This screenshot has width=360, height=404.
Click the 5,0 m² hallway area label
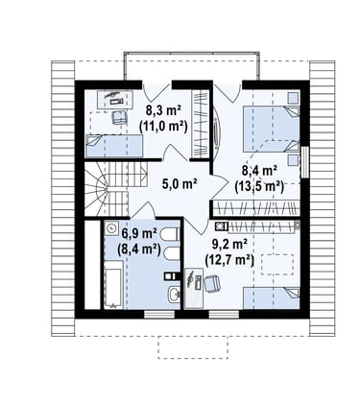[x=180, y=184]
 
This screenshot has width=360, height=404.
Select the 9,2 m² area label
[x=229, y=245]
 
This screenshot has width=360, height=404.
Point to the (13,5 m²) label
[x=259, y=186]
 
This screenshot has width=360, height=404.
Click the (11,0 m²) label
[x=163, y=126]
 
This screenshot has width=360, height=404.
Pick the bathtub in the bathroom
[x=113, y=284]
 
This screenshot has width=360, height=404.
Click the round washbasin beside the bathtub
[x=111, y=228]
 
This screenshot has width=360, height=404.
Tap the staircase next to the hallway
[x=115, y=189]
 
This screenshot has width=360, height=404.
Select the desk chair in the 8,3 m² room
[x=120, y=117]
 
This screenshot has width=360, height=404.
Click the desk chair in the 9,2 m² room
[x=212, y=284]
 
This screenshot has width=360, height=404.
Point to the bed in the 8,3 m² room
[x=114, y=146]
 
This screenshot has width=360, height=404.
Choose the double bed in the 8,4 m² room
[x=271, y=130]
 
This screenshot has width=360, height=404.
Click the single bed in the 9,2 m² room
[x=272, y=298]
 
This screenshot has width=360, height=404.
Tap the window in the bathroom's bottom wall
[x=159, y=315]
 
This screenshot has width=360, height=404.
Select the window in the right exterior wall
[x=305, y=162]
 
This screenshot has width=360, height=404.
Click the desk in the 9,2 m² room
[x=194, y=288]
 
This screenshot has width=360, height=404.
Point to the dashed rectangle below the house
[x=193, y=347]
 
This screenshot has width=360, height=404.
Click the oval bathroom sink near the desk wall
[x=174, y=294]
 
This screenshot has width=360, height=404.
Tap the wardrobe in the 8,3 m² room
[x=201, y=124]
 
